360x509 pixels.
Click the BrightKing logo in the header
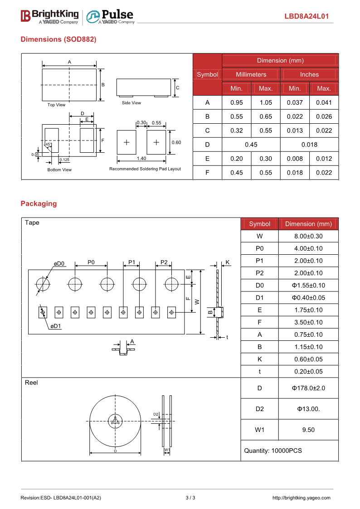[x=49, y=16]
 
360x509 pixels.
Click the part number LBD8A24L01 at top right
[x=306, y=17]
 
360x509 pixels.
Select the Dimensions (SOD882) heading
[x=58, y=39]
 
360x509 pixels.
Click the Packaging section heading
[x=39, y=204]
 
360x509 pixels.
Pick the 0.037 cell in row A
[x=295, y=102]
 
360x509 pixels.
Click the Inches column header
[x=309, y=74]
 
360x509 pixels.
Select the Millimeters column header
[x=251, y=74]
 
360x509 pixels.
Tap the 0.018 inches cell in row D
[x=309, y=145]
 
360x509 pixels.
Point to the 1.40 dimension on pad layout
[x=141, y=158]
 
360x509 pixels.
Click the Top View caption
[x=57, y=105]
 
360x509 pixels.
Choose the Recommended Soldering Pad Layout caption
[x=145, y=169]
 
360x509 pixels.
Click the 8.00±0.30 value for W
[x=308, y=236]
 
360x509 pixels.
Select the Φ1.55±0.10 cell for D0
[x=308, y=286]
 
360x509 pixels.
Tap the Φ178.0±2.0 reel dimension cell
[x=308, y=388]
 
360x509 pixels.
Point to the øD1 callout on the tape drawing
[x=56, y=326]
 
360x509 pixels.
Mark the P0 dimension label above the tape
[x=91, y=262]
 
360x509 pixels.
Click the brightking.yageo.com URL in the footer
[x=301, y=498]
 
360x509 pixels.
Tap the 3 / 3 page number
[x=190, y=498]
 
